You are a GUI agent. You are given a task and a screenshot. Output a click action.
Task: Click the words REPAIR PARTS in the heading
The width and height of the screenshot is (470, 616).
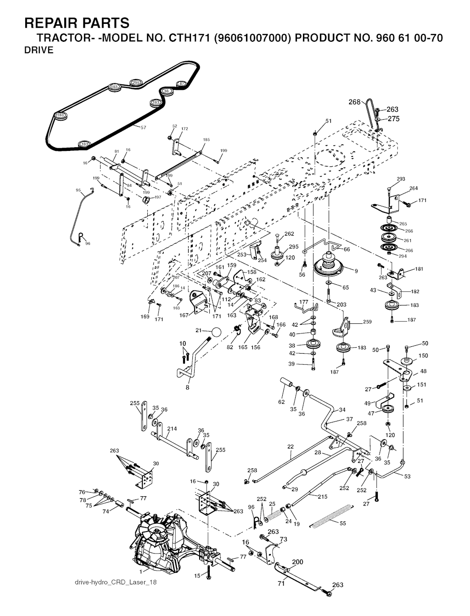(x=77, y=23)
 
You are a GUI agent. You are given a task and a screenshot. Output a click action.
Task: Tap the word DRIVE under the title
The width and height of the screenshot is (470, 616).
(x=39, y=50)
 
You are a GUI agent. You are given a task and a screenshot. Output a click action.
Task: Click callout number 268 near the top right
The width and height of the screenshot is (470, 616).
(x=354, y=102)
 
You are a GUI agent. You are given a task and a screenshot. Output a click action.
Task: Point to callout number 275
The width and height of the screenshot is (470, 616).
(x=393, y=119)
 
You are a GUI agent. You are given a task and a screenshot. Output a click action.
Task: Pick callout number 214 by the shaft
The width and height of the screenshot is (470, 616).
(x=172, y=429)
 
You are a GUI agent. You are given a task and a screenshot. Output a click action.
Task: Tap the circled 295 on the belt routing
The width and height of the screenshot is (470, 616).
(x=135, y=83)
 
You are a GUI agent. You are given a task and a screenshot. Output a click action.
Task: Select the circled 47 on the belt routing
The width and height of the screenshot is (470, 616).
(x=182, y=83)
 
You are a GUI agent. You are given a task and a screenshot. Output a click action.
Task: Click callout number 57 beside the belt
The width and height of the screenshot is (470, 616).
(x=143, y=128)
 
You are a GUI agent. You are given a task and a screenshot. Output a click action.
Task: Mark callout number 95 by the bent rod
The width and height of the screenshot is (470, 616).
(x=78, y=190)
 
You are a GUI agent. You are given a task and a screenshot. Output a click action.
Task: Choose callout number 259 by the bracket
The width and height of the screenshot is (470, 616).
(x=367, y=322)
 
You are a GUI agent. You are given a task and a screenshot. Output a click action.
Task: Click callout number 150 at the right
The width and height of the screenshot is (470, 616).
(x=423, y=355)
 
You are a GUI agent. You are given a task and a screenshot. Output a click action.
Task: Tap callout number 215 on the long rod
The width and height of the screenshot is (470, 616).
(x=323, y=496)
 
